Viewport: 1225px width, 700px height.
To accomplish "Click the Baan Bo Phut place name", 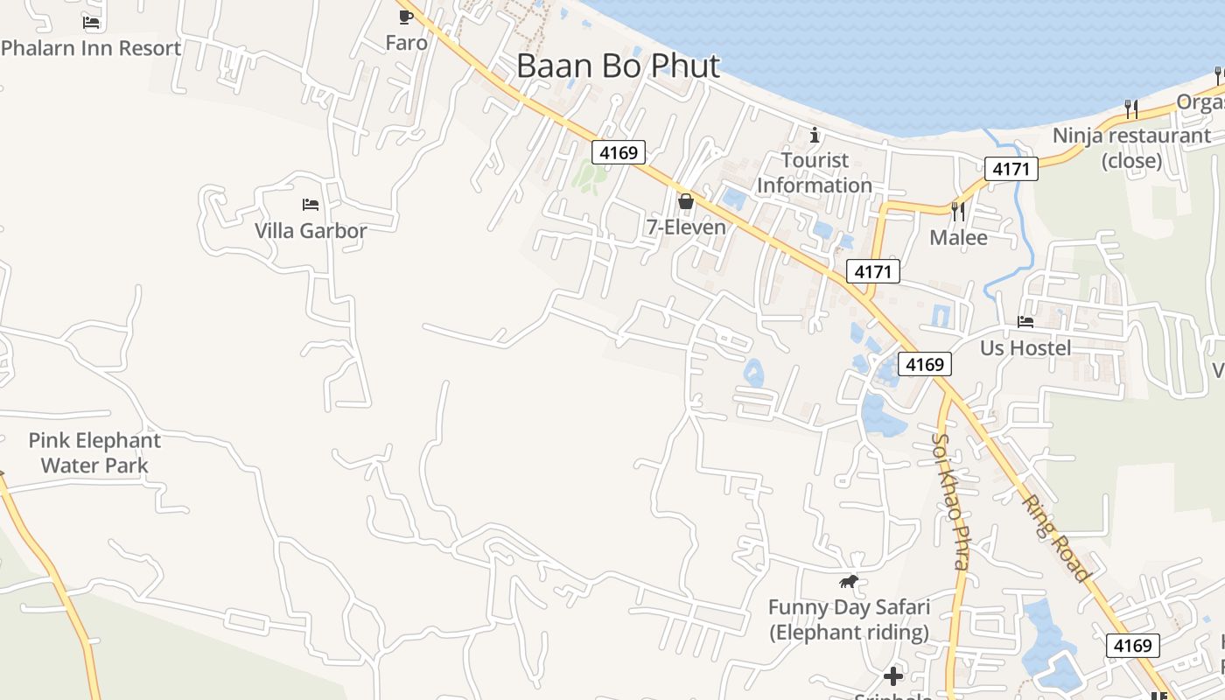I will point(618,66).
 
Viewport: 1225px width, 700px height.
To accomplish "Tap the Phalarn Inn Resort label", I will point(91,48).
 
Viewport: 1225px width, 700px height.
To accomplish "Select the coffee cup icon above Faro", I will point(406,17).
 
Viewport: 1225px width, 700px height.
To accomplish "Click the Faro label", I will point(407,43).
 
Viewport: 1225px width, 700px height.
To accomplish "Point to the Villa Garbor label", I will point(311,231).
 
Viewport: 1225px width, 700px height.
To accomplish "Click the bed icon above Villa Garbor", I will point(311,205).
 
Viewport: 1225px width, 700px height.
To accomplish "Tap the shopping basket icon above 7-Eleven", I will point(686,201).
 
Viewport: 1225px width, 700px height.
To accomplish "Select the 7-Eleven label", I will point(686,227).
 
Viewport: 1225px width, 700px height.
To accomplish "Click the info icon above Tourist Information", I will point(815,135).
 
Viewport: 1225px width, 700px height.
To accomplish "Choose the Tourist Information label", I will point(815,172).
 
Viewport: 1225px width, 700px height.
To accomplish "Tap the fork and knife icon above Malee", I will point(958,211).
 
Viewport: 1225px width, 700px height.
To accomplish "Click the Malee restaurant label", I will point(958,237).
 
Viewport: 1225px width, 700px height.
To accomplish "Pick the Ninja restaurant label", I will point(1131,148).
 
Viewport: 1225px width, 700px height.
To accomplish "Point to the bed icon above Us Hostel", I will point(1025,322).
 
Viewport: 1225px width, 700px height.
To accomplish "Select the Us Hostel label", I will point(1025,348).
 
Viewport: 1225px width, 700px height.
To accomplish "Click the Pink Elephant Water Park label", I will point(94,452).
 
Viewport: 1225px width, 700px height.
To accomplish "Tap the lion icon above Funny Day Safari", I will point(848,581).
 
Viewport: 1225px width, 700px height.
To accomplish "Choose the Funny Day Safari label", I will point(849,619).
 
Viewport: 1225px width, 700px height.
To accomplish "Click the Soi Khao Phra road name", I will point(950,502).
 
